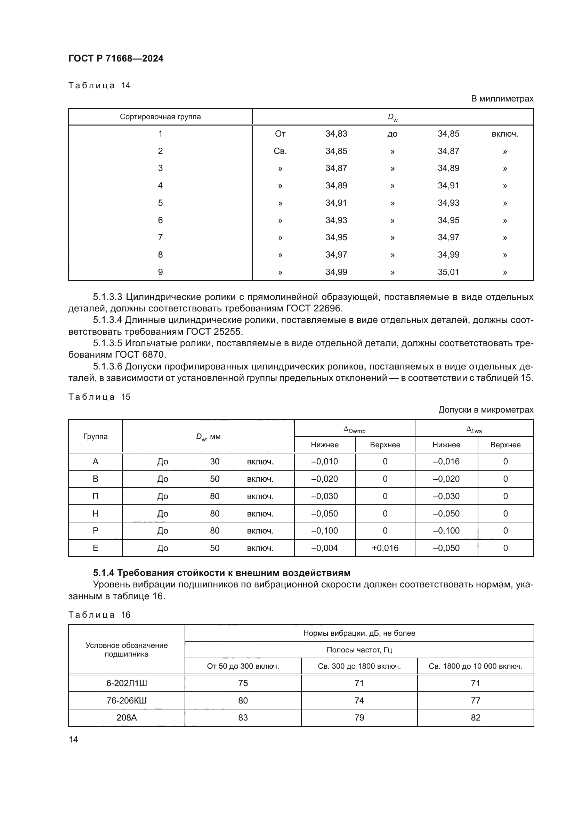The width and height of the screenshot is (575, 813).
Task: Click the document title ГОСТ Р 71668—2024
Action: (x=116, y=58)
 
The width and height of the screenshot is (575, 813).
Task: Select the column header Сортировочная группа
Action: (x=160, y=117)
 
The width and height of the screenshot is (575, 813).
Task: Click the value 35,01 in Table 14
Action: (x=448, y=272)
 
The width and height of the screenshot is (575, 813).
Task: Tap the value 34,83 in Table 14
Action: (x=336, y=134)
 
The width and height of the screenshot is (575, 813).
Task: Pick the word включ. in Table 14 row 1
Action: (x=504, y=134)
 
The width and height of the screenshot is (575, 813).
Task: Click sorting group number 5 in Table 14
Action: (x=160, y=203)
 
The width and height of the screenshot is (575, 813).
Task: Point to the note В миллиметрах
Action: (x=502, y=99)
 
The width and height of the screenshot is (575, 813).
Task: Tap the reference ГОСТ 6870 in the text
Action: (x=140, y=355)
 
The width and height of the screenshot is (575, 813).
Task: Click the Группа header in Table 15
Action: (x=95, y=437)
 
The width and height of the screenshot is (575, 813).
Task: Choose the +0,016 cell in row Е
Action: (x=385, y=548)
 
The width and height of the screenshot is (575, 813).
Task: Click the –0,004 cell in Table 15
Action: (x=324, y=548)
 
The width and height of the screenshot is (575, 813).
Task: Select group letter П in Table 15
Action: (x=95, y=496)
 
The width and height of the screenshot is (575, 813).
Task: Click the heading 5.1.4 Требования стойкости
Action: (x=222, y=573)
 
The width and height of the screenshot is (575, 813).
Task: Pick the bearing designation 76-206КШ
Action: (x=127, y=701)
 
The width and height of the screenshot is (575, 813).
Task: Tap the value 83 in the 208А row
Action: (x=243, y=718)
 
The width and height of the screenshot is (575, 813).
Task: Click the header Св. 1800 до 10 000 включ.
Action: (x=475, y=666)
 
